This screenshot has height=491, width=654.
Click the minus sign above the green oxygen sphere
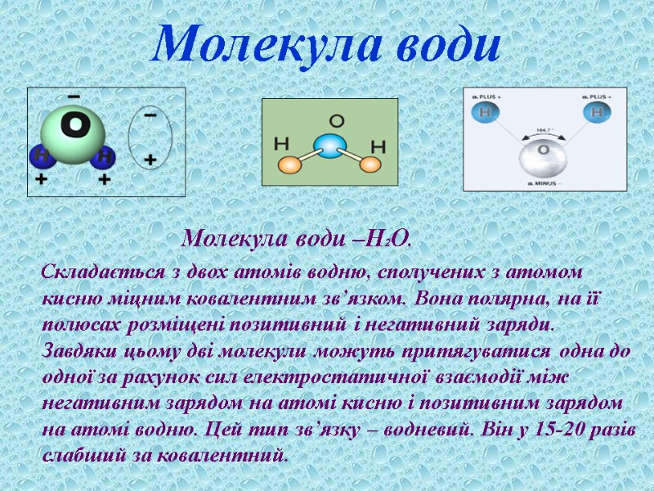74,97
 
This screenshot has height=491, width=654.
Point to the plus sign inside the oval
150,160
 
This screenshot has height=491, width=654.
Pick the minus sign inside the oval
150,116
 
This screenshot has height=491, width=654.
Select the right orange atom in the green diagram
371,165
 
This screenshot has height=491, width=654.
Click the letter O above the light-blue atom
336,121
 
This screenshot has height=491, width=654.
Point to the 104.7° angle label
543,130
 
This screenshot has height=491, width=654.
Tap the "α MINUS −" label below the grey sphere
544,182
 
